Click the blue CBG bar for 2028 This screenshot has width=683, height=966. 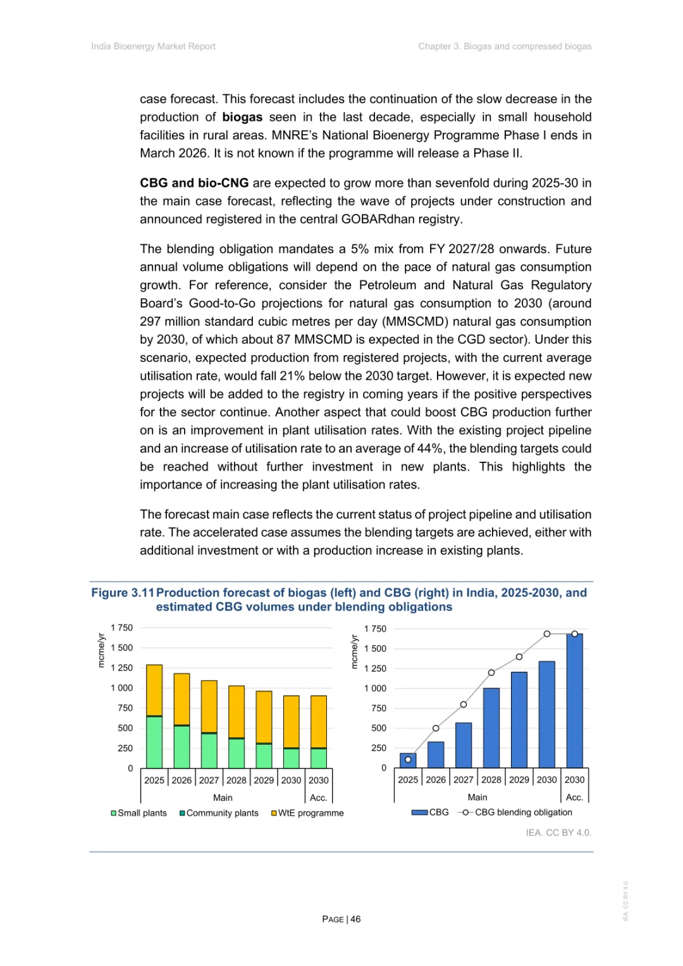coord(491,728)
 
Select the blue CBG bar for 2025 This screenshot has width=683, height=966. coord(408,761)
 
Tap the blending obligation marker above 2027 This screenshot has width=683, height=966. coord(464,704)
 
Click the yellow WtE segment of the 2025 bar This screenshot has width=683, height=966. coord(154,690)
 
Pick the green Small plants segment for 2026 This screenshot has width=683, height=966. coord(182,746)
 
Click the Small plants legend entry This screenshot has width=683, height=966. coord(139,813)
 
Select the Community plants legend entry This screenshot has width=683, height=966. coord(219,813)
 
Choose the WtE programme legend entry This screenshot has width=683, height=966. coord(307,813)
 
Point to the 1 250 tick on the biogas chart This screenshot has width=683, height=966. coord(122,668)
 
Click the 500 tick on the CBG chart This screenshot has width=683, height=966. coord(379,728)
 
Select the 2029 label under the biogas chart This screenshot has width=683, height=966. coord(264,780)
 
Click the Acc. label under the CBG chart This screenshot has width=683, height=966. coord(574,797)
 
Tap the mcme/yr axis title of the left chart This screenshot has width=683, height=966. coord(101,650)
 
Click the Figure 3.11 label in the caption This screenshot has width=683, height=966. coord(123,593)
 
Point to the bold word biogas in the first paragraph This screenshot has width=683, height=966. coord(242,117)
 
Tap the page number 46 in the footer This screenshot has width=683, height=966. coord(355,919)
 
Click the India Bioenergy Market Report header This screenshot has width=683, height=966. coord(153,46)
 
